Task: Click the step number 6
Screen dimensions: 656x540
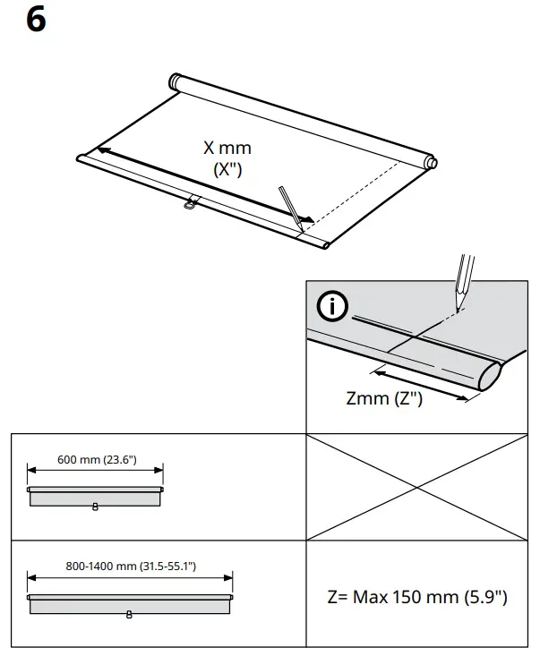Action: pyautogui.click(x=35, y=20)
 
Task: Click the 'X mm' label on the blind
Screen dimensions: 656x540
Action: pyautogui.click(x=227, y=148)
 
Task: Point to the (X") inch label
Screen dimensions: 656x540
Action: pyautogui.click(x=227, y=169)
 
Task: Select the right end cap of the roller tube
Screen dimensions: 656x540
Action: pyautogui.click(x=431, y=163)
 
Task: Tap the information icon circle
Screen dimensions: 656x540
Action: pyautogui.click(x=334, y=307)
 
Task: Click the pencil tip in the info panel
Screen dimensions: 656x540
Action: pyautogui.click(x=459, y=294)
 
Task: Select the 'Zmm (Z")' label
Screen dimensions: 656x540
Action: pyautogui.click(x=384, y=399)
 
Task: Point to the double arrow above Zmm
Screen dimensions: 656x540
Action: pyautogui.click(x=421, y=382)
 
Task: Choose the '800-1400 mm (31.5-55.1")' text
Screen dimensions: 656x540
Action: pyautogui.click(x=131, y=567)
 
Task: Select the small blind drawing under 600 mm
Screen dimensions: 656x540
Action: pyautogui.click(x=95, y=497)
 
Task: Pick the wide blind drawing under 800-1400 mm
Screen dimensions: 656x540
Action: pyautogui.click(x=131, y=604)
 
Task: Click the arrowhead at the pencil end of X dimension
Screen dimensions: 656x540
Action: pyautogui.click(x=306, y=217)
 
